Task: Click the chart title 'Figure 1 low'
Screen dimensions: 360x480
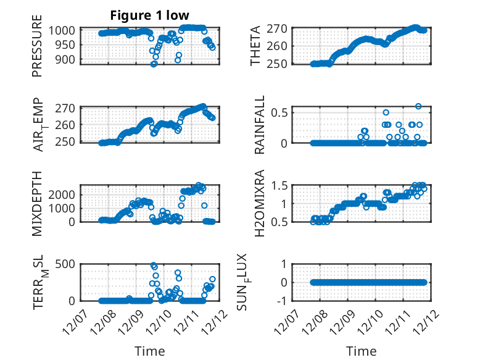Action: click(x=150, y=15)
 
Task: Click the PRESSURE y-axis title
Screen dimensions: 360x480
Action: click(x=38, y=50)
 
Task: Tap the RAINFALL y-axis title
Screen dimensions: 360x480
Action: click(x=260, y=125)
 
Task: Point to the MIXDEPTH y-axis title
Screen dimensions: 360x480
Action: click(x=38, y=203)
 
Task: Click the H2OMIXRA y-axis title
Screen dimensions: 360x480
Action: click(x=260, y=203)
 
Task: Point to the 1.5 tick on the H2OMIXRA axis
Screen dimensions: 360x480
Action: click(x=280, y=186)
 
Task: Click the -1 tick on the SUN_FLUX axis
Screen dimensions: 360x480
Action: click(x=283, y=301)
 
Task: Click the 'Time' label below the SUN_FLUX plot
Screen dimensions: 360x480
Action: click(x=362, y=351)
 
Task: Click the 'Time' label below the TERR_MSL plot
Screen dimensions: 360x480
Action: click(x=150, y=351)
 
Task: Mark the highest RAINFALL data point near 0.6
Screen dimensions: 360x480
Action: click(x=418, y=106)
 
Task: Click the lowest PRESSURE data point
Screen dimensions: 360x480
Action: click(x=154, y=64)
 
